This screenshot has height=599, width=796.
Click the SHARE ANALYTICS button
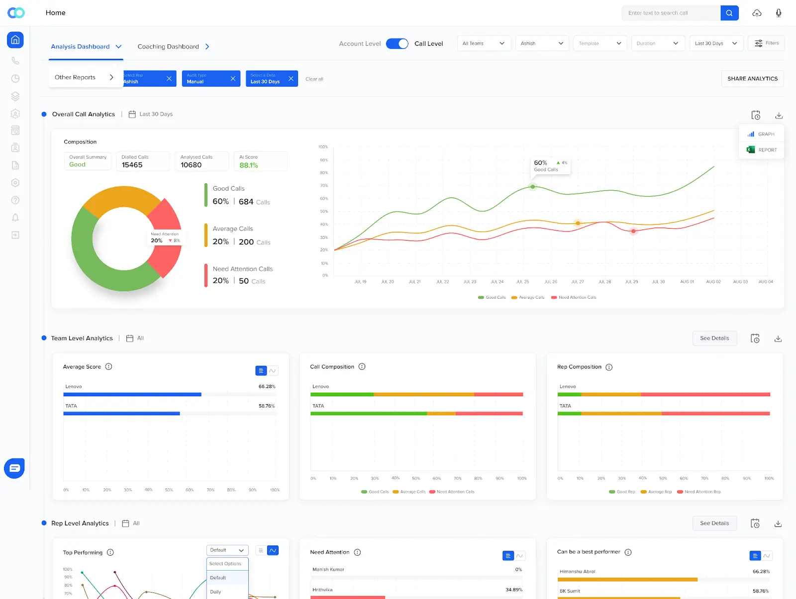click(752, 79)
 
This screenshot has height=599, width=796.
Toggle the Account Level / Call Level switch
click(397, 44)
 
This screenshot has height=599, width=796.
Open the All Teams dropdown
click(484, 43)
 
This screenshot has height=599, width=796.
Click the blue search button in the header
click(729, 13)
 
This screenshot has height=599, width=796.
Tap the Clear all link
click(314, 79)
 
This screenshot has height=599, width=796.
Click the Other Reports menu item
click(84, 77)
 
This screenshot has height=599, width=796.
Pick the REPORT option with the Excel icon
click(762, 150)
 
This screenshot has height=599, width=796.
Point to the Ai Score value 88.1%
click(249, 165)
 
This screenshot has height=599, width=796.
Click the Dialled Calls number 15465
click(132, 165)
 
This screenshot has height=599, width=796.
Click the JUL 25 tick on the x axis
click(522, 282)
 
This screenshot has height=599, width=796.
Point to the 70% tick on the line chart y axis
click(324, 186)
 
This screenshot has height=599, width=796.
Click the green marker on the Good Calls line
click(533, 187)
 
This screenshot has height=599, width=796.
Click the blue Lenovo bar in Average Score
click(132, 394)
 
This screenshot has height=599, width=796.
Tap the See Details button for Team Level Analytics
click(714, 338)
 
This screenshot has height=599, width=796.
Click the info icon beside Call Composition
click(362, 367)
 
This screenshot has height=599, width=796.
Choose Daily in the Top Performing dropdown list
click(216, 592)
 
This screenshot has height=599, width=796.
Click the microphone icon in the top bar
click(779, 13)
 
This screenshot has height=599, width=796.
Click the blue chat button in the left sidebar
click(14, 468)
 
